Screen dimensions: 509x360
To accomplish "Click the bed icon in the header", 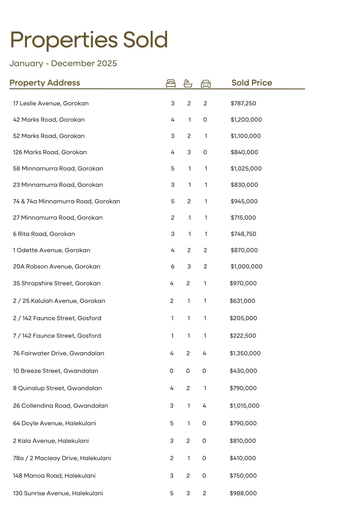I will pyautogui.click(x=171, y=83).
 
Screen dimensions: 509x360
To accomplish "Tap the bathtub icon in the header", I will pyautogui.click(x=188, y=83).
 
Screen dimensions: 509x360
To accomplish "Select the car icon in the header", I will pyautogui.click(x=206, y=84).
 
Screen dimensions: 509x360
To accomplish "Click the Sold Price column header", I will pyautogui.click(x=252, y=83).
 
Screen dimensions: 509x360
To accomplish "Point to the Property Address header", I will pyautogui.click(x=45, y=83).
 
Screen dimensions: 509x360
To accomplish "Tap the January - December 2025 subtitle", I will pyautogui.click(x=63, y=63).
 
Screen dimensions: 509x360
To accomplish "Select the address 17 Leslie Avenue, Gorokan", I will pyautogui.click(x=51, y=103).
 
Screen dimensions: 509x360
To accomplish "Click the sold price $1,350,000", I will pyautogui.click(x=245, y=353).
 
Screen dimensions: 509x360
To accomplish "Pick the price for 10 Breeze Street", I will pyautogui.click(x=243, y=371).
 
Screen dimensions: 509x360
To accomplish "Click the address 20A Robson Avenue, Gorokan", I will pyautogui.click(x=57, y=266).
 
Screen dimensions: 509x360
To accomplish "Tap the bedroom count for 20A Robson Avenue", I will pyautogui.click(x=173, y=266).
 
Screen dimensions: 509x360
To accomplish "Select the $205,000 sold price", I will pyautogui.click(x=243, y=318).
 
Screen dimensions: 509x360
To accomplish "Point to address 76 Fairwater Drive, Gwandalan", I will pyautogui.click(x=59, y=353).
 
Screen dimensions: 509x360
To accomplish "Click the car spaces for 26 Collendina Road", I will pyautogui.click(x=204, y=406).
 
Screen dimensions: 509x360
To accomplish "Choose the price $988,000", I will pyautogui.click(x=243, y=493).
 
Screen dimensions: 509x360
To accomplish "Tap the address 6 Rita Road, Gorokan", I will pyautogui.click(x=44, y=234).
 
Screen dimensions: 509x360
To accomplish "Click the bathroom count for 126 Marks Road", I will pyautogui.click(x=189, y=152).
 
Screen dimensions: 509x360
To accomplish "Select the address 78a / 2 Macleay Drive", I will pyautogui.click(x=62, y=458).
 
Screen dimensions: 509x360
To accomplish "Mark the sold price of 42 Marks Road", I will pyautogui.click(x=246, y=120).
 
